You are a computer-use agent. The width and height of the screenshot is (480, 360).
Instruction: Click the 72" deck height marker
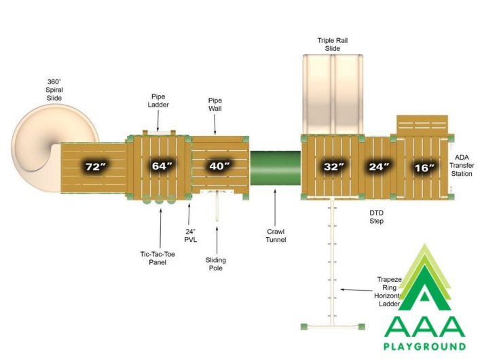pyautogui.click(x=96, y=166)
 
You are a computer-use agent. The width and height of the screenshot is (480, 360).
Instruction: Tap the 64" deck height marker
pyautogui.click(x=162, y=166)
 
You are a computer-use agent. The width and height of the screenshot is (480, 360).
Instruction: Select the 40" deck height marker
pyautogui.click(x=219, y=166)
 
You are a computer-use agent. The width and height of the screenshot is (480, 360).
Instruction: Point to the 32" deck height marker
pyautogui.click(x=333, y=166)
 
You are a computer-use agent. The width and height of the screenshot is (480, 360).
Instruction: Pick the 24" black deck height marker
pyautogui.click(x=379, y=166)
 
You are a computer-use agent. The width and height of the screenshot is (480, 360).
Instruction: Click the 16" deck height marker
pyautogui.click(x=424, y=168)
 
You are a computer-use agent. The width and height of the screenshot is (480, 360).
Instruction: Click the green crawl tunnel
pyautogui.click(x=276, y=168)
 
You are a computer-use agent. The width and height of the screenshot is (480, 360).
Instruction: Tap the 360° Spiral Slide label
pyautogui.click(x=54, y=90)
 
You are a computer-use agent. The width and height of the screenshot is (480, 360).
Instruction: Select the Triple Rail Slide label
pyautogui.click(x=333, y=44)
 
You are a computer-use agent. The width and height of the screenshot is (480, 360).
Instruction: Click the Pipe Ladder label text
pyautogui.click(x=158, y=101)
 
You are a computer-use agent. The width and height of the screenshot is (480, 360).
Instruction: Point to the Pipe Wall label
pyautogui.click(x=215, y=105)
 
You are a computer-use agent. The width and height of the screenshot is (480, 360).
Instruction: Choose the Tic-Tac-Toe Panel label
pyautogui.click(x=158, y=258)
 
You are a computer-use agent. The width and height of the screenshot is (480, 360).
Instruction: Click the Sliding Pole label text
pyautogui.click(x=215, y=264)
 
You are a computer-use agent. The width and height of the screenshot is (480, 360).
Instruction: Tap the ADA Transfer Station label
pyautogui.click(x=462, y=166)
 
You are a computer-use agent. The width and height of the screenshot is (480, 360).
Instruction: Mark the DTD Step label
pyautogui.click(x=376, y=217)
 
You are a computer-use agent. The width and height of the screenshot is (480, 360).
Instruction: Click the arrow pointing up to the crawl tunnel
pyautogui.click(x=274, y=208)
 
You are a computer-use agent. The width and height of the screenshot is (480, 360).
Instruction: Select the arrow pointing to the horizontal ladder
pyautogui.click(x=356, y=290)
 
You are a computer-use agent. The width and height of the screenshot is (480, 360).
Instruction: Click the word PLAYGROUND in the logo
pyautogui.click(x=424, y=346)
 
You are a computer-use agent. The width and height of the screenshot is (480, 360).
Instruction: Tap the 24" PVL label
pyautogui.click(x=190, y=236)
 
